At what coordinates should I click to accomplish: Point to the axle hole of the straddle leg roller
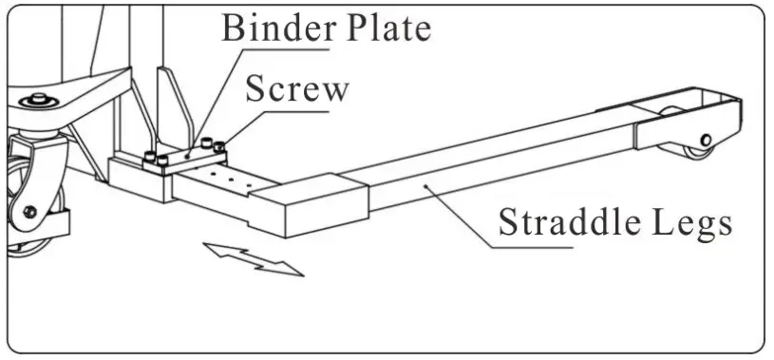pos(707,136)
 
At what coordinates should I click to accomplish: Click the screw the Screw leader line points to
pos(219,146)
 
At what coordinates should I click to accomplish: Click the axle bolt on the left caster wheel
pos(31,211)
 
